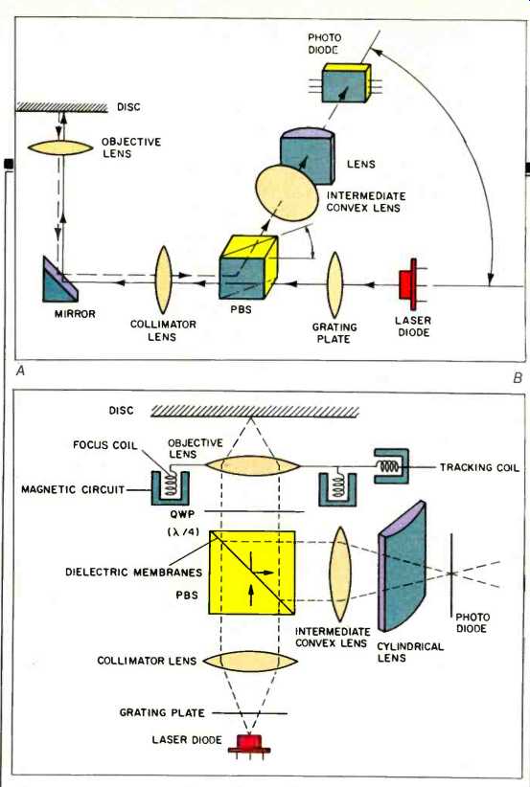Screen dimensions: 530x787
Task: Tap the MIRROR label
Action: click(x=75, y=314)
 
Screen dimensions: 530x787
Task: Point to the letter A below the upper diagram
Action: click(x=20, y=371)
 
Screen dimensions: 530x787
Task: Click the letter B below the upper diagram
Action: click(x=518, y=378)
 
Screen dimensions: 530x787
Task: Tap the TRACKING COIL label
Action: click(x=480, y=468)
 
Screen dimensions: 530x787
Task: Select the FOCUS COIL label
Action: click(x=105, y=445)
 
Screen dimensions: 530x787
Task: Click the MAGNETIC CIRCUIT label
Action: click(x=73, y=489)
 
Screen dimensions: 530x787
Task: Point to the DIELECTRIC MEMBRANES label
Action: click(x=133, y=573)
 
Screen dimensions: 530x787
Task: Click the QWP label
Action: click(x=182, y=514)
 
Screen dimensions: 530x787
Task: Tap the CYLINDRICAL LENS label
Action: click(x=410, y=652)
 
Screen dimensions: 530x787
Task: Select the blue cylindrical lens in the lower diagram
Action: click(x=402, y=566)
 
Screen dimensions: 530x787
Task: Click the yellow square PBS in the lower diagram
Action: click(x=252, y=573)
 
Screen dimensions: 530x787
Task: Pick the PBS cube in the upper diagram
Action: click(x=248, y=267)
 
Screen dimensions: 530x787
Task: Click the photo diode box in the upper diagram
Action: click(x=346, y=82)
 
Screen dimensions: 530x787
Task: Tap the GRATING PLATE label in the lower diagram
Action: click(x=162, y=712)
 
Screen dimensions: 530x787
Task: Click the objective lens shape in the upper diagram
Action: click(x=60, y=147)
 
